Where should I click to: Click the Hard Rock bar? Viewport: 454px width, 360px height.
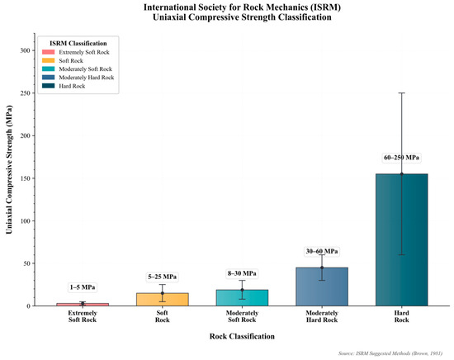pos(401,239)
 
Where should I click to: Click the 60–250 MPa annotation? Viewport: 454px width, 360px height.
pos(401,157)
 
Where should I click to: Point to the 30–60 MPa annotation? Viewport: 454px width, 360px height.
pos(321,251)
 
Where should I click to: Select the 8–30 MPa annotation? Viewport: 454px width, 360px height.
pos(242,273)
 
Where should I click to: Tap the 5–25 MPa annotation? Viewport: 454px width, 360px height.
pos(162,277)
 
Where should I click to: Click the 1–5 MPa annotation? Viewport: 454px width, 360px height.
pos(82,287)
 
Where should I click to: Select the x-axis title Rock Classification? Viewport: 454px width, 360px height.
pos(242,336)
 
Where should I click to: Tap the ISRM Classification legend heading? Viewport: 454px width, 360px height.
pos(75,42)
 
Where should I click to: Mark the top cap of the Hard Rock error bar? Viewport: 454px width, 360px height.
pos(401,93)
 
